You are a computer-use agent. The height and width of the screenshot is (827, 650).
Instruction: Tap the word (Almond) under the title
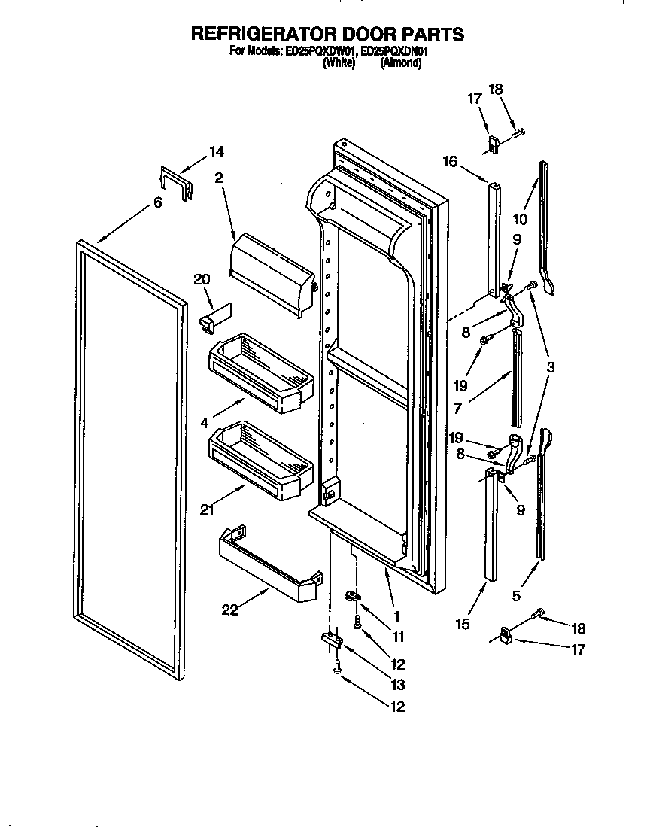tap(400, 64)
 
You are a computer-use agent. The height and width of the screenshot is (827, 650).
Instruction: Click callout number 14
tap(216, 151)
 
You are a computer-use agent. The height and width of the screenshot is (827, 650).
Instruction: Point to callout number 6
tap(157, 202)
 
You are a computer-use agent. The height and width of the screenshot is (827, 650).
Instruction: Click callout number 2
tap(218, 178)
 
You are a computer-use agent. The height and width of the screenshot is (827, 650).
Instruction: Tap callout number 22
tap(229, 610)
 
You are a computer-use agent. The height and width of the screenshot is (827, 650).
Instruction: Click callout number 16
tap(450, 160)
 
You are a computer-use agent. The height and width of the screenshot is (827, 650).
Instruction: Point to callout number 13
tap(397, 685)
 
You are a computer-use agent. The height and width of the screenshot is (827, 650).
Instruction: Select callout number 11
tap(398, 637)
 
